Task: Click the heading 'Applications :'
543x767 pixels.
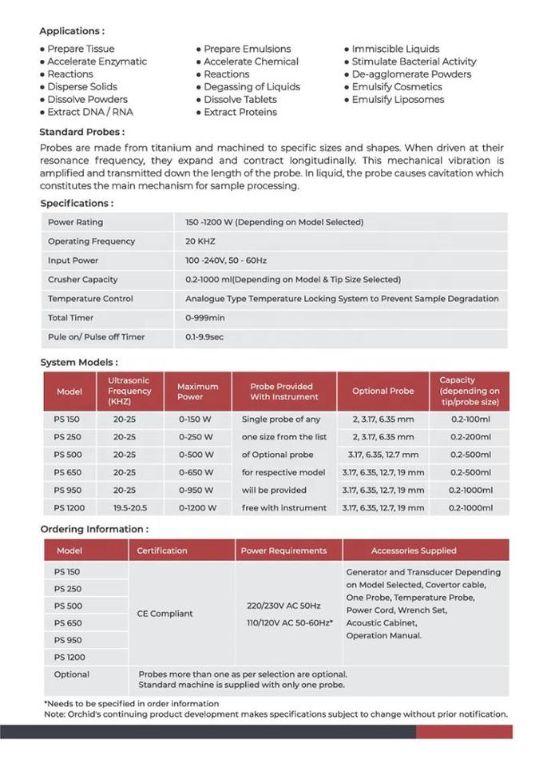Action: (x=72, y=31)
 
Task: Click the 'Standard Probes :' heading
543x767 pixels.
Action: (x=81, y=132)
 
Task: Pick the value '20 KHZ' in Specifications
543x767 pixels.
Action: (x=200, y=241)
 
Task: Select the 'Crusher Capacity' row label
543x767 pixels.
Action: (x=83, y=280)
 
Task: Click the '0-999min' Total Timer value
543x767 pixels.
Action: (x=206, y=318)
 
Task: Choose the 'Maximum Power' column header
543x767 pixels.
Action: (x=198, y=391)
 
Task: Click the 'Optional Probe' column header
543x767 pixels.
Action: (x=383, y=391)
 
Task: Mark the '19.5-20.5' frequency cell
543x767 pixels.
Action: (x=129, y=507)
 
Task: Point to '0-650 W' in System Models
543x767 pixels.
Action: (x=196, y=472)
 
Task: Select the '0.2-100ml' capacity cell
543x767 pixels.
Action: (x=470, y=419)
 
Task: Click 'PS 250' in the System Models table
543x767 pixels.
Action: (x=68, y=437)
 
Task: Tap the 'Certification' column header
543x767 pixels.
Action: (x=162, y=550)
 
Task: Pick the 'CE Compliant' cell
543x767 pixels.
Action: (x=165, y=614)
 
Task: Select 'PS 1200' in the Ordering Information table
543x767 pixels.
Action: (x=69, y=657)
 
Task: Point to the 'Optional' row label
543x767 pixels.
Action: (x=72, y=675)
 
